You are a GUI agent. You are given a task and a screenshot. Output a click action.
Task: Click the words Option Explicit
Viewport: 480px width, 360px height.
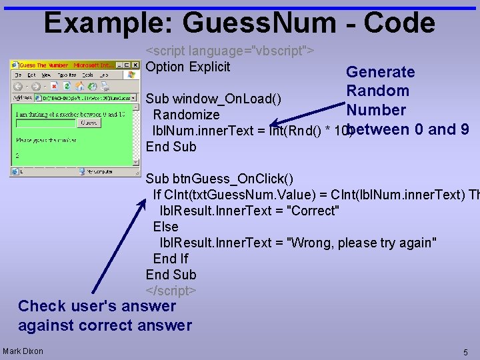pos(187,67)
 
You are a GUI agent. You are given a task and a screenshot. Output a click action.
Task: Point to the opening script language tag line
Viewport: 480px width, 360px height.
pos(230,51)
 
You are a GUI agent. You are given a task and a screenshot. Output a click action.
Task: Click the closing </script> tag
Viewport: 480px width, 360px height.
pos(171,291)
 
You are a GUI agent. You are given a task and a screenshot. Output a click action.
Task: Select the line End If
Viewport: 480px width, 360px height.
pos(171,259)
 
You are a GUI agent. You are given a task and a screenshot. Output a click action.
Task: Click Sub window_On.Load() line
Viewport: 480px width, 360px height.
pos(213,99)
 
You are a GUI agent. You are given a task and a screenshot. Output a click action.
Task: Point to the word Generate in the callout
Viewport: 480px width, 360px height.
pos(380,72)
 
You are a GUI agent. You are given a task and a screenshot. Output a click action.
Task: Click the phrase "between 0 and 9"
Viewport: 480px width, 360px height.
pos(408,129)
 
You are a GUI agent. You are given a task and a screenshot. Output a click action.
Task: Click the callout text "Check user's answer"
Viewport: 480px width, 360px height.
pos(97,306)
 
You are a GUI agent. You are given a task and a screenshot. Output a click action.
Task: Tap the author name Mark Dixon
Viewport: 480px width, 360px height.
pos(23,351)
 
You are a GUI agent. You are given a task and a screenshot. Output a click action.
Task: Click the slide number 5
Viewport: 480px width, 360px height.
pos(465,351)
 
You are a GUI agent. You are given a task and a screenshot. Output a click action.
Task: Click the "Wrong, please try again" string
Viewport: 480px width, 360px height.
pos(361,243)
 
